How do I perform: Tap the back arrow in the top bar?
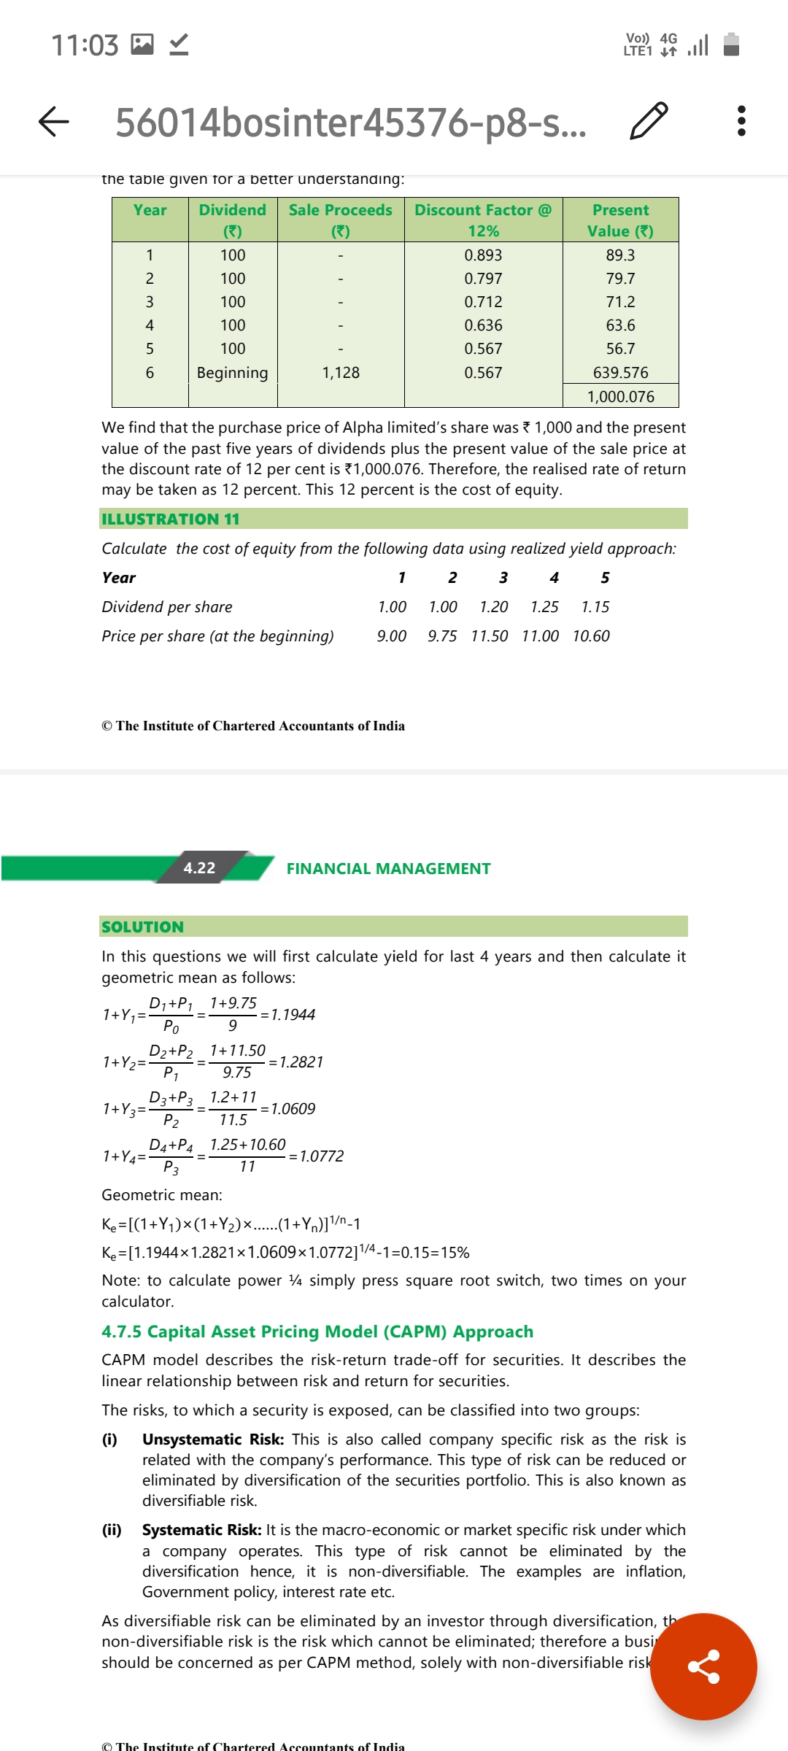(54, 121)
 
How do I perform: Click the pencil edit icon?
(648, 121)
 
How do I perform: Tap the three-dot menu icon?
(741, 121)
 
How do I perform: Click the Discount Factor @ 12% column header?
(483, 220)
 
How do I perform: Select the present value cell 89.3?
(620, 255)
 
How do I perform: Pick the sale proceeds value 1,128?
(341, 373)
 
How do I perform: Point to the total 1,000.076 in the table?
(621, 397)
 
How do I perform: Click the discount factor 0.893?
(483, 255)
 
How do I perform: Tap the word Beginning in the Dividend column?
(233, 373)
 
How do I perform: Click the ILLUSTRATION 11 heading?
(171, 519)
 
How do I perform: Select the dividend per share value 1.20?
(494, 607)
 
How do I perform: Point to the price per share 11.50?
(490, 636)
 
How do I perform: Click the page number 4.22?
(199, 867)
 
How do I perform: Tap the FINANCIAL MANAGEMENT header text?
(388, 868)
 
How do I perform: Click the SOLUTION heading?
(143, 927)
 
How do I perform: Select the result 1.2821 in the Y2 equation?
(301, 1062)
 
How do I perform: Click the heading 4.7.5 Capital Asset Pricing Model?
(317, 1331)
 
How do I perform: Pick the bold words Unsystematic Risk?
(212, 1439)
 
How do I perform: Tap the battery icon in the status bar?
(731, 45)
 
